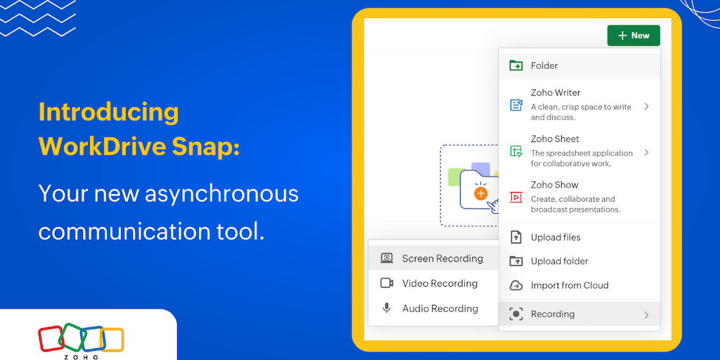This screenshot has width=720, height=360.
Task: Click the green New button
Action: click(x=634, y=35)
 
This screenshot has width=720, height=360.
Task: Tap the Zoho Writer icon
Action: click(x=516, y=105)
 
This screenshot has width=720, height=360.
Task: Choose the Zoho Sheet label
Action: click(x=555, y=139)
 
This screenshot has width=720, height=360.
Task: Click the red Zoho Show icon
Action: click(x=516, y=198)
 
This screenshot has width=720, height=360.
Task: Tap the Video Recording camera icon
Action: click(x=387, y=283)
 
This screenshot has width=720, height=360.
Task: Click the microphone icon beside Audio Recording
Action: click(x=387, y=308)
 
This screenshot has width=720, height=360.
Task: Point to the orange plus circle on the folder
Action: click(x=480, y=194)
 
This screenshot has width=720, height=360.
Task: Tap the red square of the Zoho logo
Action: click(x=51, y=338)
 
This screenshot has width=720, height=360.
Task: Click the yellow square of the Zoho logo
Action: click(x=112, y=340)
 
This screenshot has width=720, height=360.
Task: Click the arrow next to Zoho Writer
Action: click(x=646, y=107)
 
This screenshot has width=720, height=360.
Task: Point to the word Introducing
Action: click(x=108, y=112)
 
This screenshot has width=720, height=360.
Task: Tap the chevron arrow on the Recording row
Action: click(x=646, y=315)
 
